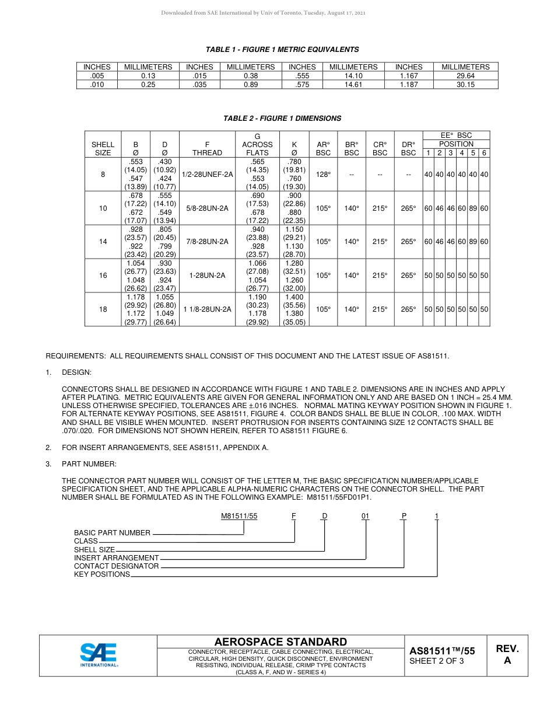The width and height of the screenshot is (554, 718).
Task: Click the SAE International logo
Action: click(99, 654)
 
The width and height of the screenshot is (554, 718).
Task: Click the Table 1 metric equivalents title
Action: click(282, 50)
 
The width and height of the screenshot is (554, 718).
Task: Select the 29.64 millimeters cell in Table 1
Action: click(465, 76)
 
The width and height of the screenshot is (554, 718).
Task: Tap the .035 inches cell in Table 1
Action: click(199, 85)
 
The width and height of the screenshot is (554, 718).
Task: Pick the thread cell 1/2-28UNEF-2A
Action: click(207, 174)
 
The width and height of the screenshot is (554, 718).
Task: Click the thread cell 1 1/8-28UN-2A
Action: click(207, 309)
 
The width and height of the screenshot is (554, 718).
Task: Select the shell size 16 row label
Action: click(103, 276)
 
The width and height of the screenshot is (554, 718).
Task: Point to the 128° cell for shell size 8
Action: click(323, 174)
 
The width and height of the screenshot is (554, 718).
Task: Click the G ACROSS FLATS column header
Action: click(257, 144)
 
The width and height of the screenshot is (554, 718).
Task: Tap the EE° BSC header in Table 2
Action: click(456, 135)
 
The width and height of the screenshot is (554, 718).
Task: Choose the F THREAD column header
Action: click(207, 148)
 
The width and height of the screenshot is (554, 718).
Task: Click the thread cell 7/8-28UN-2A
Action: click(207, 242)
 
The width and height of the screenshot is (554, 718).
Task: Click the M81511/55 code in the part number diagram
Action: click(239, 516)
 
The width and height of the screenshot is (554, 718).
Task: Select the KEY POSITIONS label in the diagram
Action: click(102, 574)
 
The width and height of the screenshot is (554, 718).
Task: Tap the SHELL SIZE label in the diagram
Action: click(94, 550)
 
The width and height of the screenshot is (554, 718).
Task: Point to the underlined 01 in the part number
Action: click(366, 516)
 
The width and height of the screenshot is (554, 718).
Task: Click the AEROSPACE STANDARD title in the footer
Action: click(280, 642)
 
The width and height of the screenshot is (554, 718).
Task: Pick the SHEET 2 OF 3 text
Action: click(437, 661)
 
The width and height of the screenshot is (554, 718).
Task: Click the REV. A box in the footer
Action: click(507, 655)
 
